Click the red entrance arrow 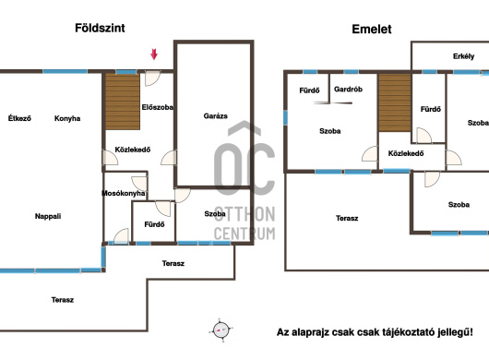click(x=154, y=54)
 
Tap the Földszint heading click(x=100, y=28)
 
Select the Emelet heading click(x=372, y=30)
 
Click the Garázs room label click(x=215, y=116)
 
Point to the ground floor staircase click(x=123, y=102)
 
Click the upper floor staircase click(x=395, y=102)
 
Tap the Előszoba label click(x=157, y=107)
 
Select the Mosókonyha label click(x=124, y=194)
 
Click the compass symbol click(x=221, y=330)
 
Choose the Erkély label click(x=463, y=56)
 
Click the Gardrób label click(x=348, y=90)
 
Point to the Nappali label click(x=48, y=216)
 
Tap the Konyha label click(x=67, y=118)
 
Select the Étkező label click(x=19, y=118)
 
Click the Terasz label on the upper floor click(x=347, y=219)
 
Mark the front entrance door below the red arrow click(x=152, y=78)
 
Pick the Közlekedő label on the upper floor click(x=406, y=153)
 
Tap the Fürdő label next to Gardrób click(x=309, y=90)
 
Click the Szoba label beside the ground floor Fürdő click(x=215, y=214)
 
